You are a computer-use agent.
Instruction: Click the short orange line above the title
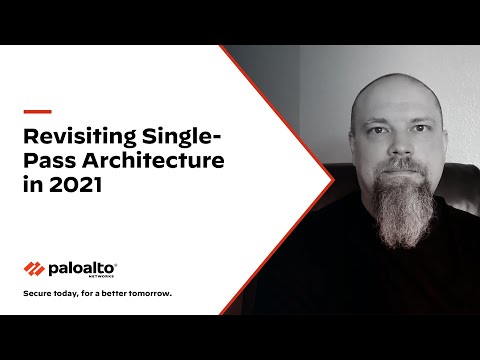[37, 111]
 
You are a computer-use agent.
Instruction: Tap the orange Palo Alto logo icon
[35, 268]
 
